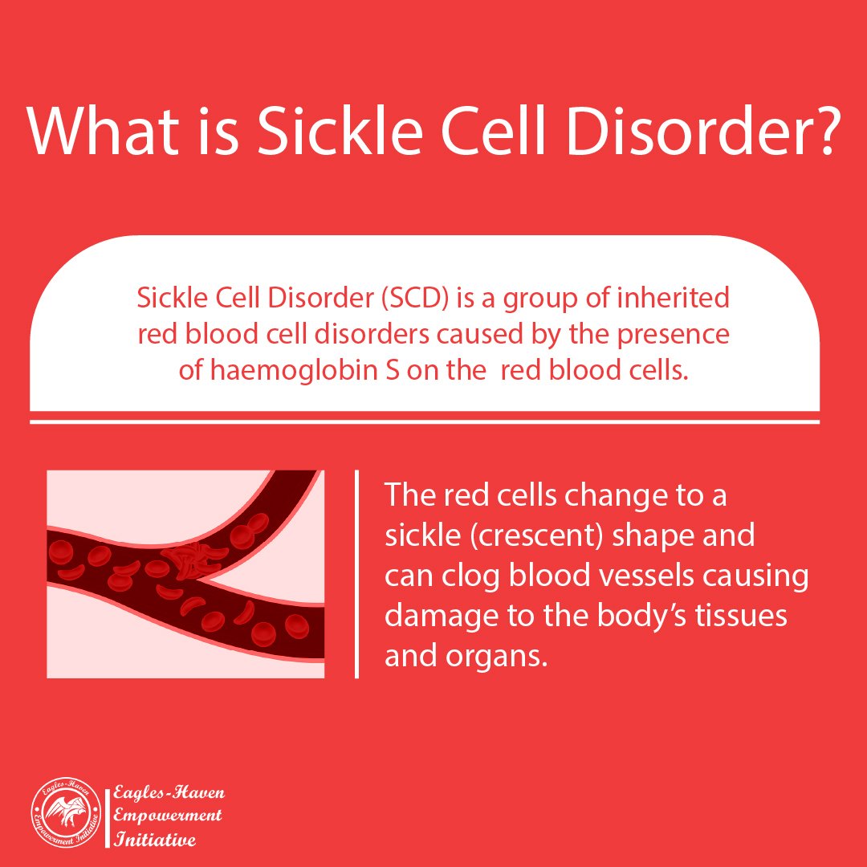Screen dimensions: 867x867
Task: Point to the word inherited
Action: [x=673, y=298]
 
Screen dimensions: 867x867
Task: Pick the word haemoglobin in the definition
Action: [x=297, y=370]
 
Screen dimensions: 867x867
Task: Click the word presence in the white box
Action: [x=673, y=335]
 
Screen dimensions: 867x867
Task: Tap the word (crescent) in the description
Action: [x=535, y=535]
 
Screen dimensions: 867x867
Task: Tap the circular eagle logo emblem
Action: [x=66, y=812]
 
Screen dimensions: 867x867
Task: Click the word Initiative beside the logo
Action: [x=154, y=840]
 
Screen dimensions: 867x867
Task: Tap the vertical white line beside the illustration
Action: [x=356, y=574]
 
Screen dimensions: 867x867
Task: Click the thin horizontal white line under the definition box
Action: [x=425, y=422]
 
